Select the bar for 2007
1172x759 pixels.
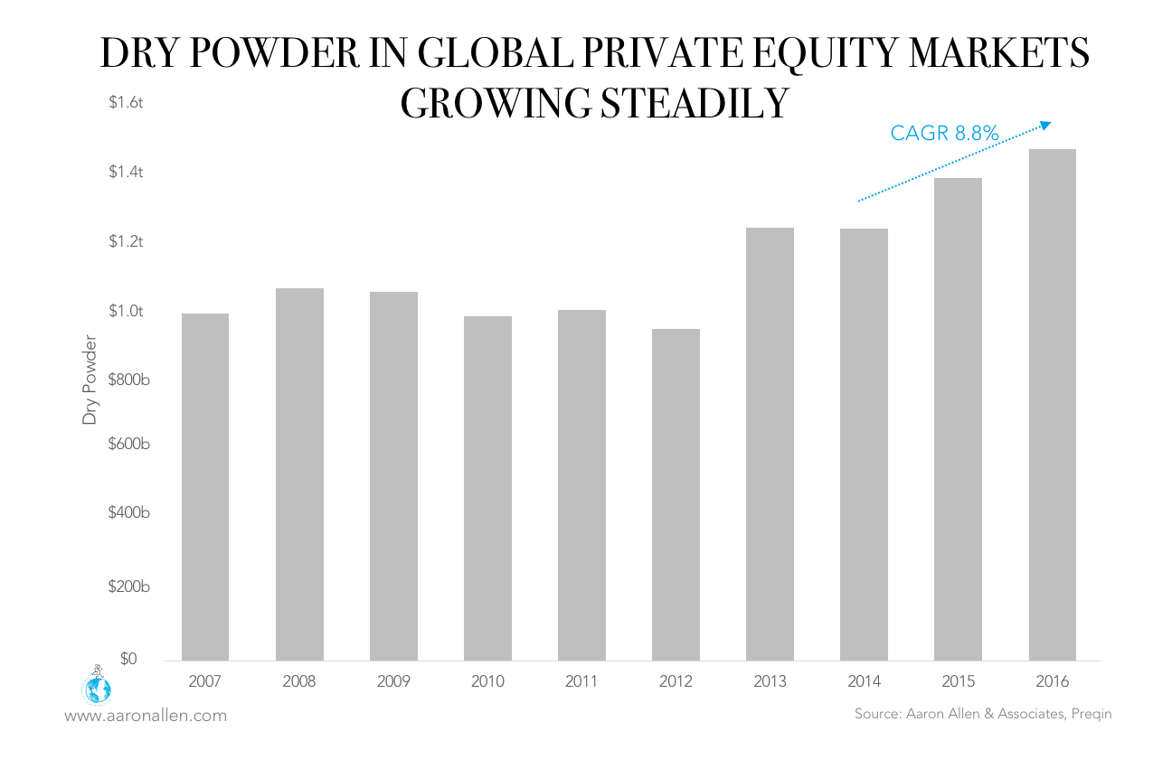tap(205, 487)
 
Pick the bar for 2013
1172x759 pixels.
tap(770, 444)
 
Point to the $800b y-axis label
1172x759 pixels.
tap(127, 379)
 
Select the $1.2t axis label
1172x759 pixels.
tap(127, 242)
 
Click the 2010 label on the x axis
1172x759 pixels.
tap(487, 681)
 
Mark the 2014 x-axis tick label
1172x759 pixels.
tap(864, 681)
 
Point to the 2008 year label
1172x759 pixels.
tap(299, 681)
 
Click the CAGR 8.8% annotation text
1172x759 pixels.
tap(944, 134)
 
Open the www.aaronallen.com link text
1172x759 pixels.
tap(146, 716)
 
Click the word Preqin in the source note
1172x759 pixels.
tap(1092, 714)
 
